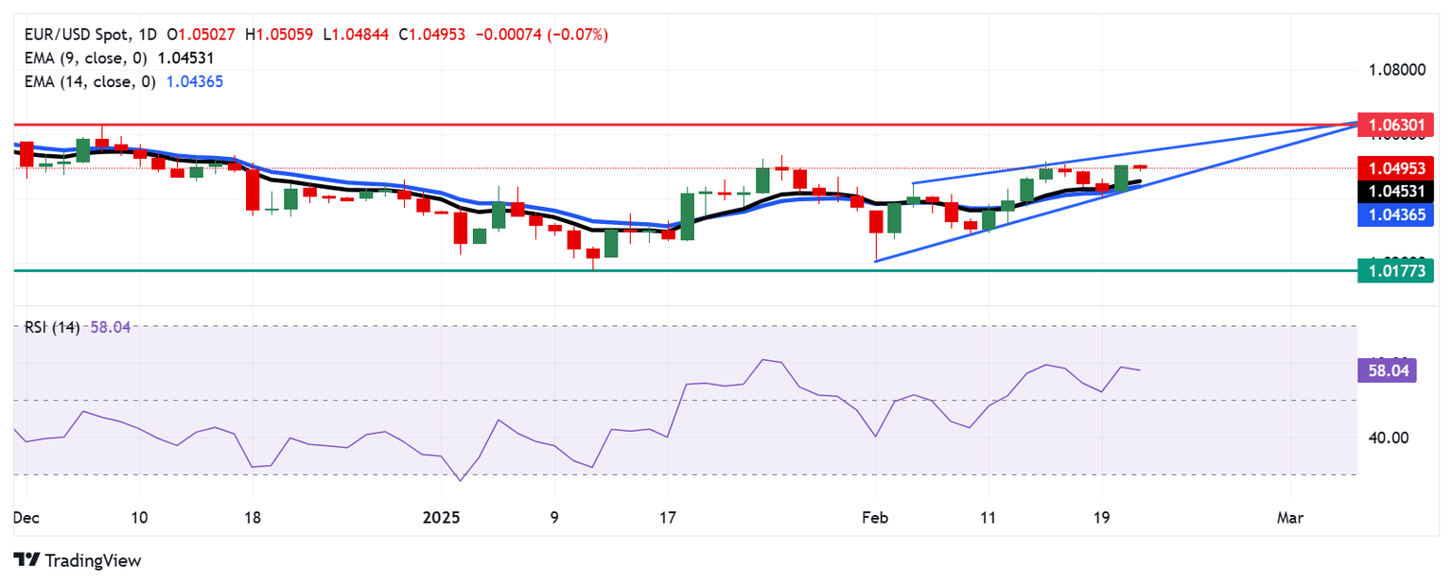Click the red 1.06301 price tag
click(1395, 124)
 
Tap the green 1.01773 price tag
click(1395, 272)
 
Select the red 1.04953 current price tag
click(1395, 168)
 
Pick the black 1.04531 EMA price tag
click(1395, 192)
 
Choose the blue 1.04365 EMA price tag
click(1395, 215)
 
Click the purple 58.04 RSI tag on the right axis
click(1387, 370)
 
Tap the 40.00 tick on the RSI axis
click(1384, 438)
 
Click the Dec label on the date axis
click(26, 518)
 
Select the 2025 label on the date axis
click(441, 518)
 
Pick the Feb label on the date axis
click(875, 518)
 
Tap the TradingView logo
click(78, 560)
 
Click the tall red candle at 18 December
click(253, 189)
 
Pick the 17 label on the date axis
click(668, 518)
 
